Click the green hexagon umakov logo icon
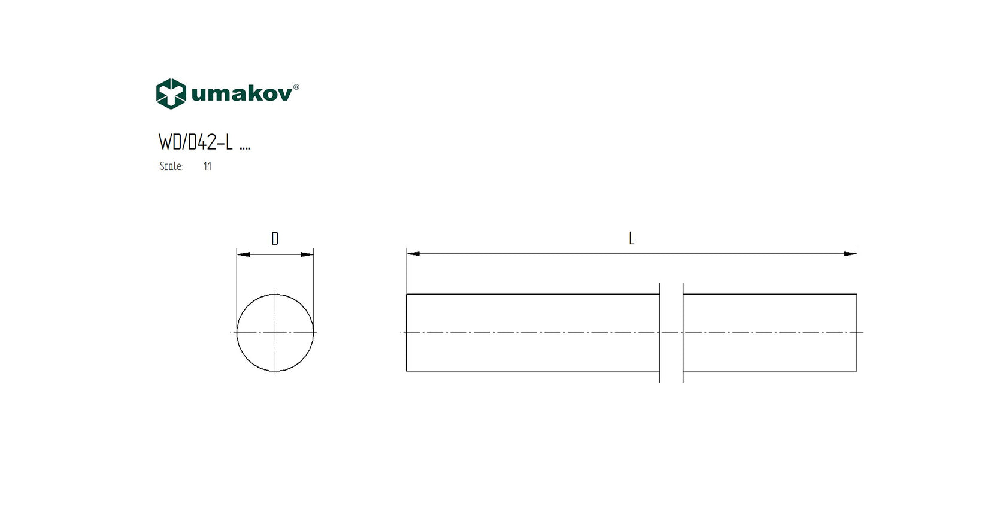(171, 94)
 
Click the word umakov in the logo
(242, 94)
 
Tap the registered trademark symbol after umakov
(296, 87)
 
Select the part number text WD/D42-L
(196, 142)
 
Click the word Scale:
(171, 166)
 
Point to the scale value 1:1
(207, 166)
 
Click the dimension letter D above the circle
(275, 238)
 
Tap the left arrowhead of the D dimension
(243, 254)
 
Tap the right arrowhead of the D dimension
(307, 254)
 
